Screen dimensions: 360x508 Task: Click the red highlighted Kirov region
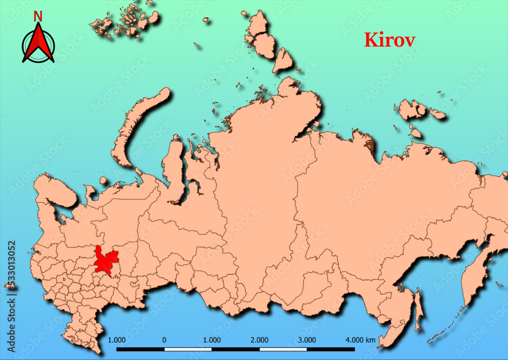coord(106,259)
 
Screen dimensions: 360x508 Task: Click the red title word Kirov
coord(389,40)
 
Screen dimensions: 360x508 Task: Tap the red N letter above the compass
coord(38,17)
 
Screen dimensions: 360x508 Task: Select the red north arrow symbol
coord(38,45)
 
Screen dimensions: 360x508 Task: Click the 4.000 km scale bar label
coord(361,340)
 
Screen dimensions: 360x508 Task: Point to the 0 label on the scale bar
coord(164,340)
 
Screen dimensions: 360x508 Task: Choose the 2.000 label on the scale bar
coord(260,340)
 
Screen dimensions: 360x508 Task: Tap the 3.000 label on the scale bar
coord(307,340)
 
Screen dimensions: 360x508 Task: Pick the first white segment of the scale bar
coord(188,349)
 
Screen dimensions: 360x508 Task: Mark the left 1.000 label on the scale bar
coord(117,340)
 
